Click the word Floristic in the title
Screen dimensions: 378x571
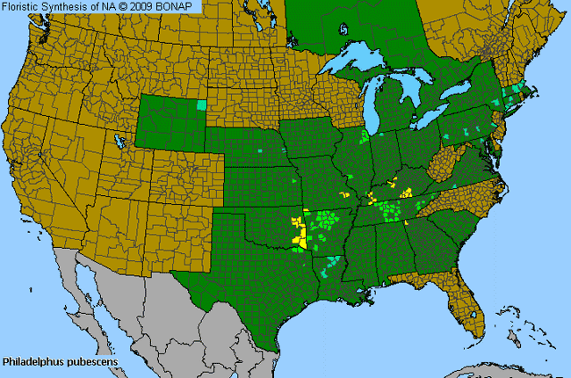point(22,7)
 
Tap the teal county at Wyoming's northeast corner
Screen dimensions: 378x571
point(202,105)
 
